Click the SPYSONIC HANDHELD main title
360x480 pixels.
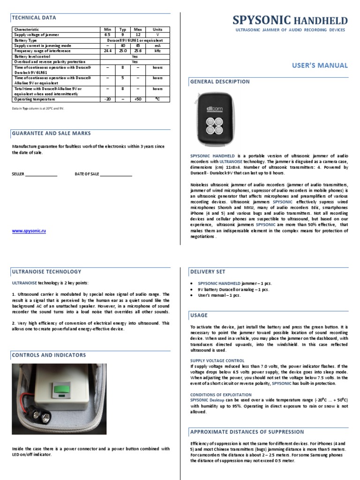tap(291, 20)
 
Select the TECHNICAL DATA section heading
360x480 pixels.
tap(34, 18)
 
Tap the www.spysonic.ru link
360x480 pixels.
tap(29, 231)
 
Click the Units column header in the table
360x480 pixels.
tap(157, 29)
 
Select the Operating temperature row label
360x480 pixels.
tap(34, 99)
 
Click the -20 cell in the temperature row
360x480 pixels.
tap(108, 99)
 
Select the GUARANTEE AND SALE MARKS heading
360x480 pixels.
tap(51, 134)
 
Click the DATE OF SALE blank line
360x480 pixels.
tap(116, 174)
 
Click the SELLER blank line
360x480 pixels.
tap(41, 174)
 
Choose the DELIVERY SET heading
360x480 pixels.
tap(208, 271)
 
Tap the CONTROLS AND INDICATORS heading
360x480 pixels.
tap(49, 355)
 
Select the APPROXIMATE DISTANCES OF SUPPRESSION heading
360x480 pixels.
tap(247, 432)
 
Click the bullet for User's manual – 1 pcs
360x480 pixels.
tap(192, 295)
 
